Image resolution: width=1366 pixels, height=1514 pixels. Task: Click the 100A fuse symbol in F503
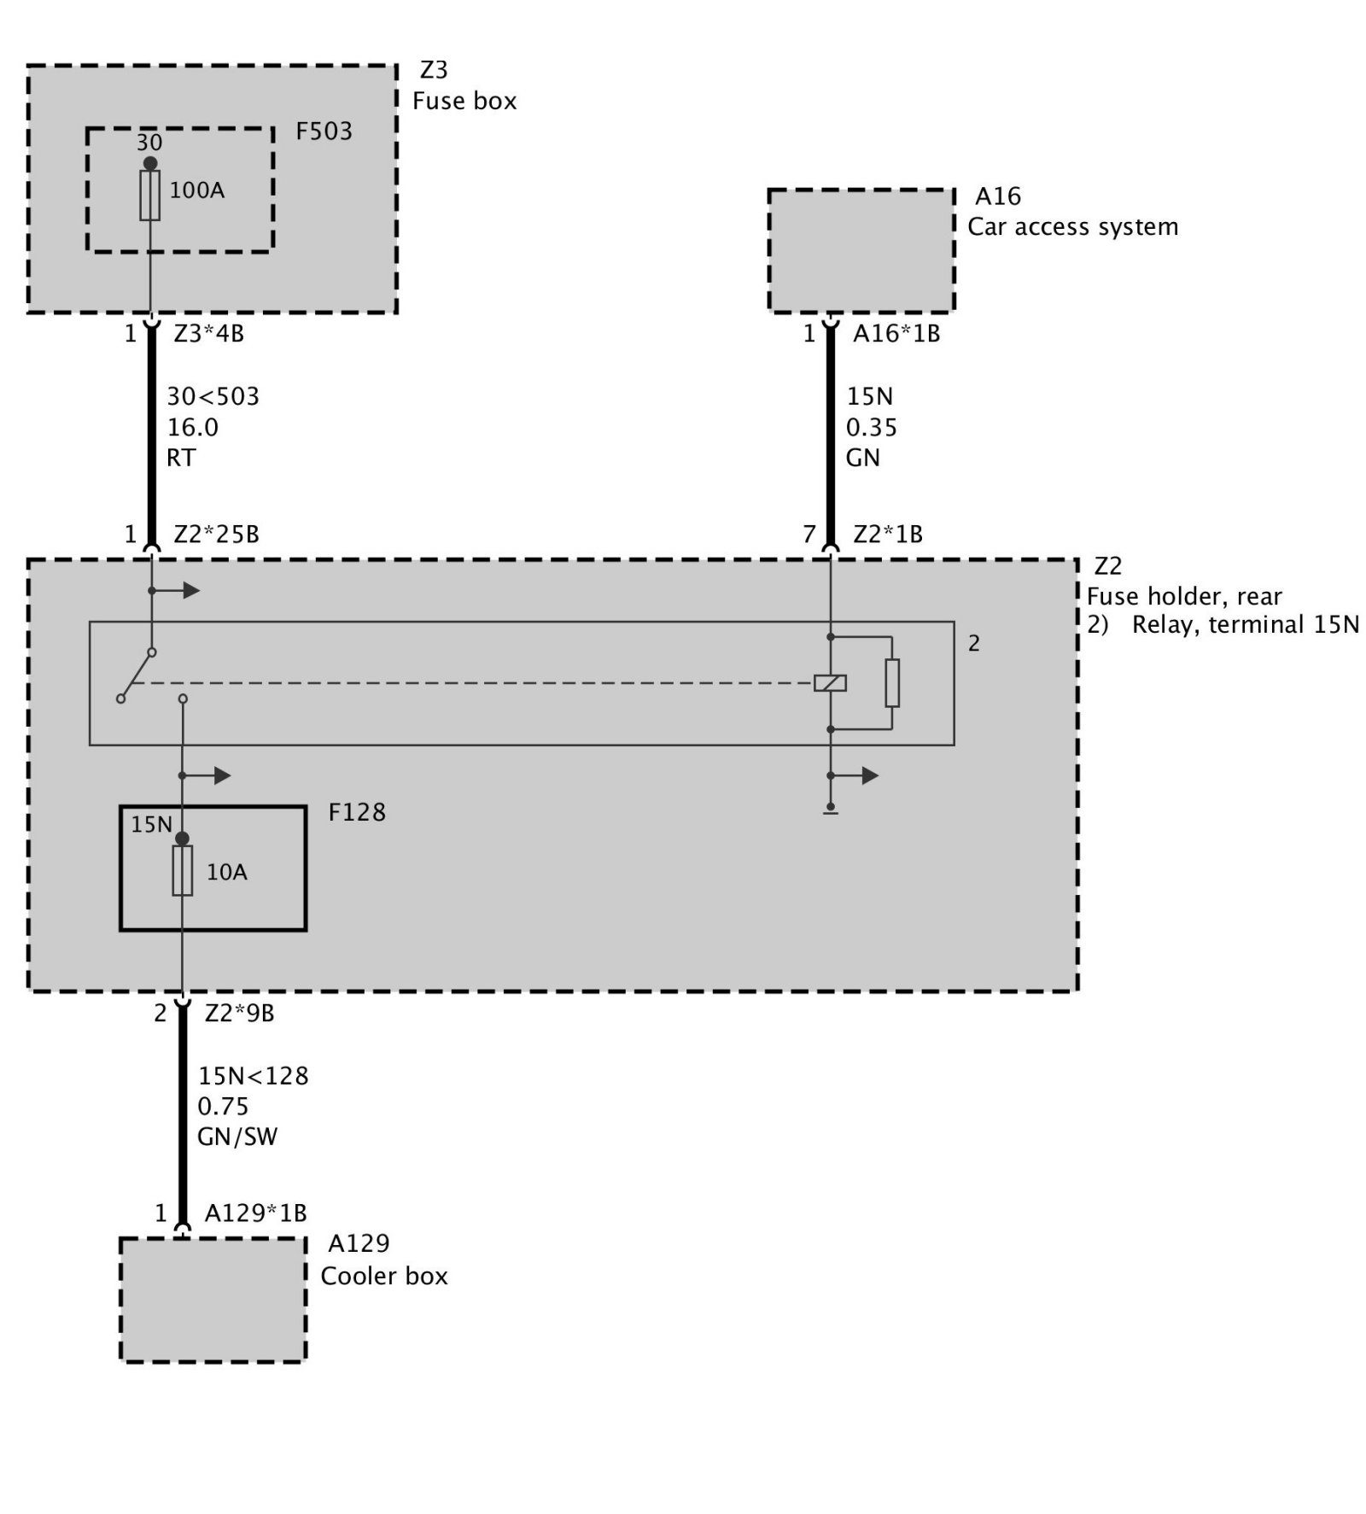(150, 196)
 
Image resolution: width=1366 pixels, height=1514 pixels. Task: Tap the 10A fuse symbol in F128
(182, 870)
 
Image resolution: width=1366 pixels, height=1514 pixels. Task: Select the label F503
(324, 132)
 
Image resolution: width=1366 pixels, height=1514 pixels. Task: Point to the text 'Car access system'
(1072, 227)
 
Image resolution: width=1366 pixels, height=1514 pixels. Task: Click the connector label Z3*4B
(209, 333)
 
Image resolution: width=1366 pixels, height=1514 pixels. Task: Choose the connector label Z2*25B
(216, 535)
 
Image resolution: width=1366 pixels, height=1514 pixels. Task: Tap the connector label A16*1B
(896, 333)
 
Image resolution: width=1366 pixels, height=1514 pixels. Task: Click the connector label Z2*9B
(239, 1013)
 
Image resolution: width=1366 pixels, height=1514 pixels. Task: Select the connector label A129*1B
(255, 1213)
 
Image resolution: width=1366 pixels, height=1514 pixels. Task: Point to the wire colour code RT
(181, 458)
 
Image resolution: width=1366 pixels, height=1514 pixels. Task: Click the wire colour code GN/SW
(237, 1137)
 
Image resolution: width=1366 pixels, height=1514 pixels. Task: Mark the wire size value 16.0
(192, 427)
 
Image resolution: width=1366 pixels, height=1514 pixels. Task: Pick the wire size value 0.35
(872, 427)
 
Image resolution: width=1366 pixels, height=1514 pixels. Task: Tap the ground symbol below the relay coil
(830, 810)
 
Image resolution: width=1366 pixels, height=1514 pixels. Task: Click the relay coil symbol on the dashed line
(830, 682)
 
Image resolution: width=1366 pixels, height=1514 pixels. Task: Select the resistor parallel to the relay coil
(892, 682)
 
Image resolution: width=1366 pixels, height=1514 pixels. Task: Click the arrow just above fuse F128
(219, 775)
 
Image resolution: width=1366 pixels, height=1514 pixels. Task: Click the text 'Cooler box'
(384, 1276)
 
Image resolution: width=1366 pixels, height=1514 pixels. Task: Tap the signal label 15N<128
(253, 1075)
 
